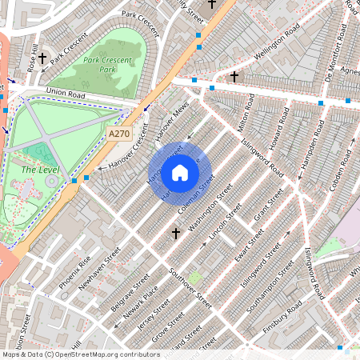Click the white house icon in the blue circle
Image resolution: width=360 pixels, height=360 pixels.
coord(180,173)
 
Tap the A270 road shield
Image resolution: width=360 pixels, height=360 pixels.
coord(118,135)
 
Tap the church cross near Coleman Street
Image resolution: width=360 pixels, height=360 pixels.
coord(176,234)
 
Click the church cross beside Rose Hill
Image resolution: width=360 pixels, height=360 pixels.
coord(42,58)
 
